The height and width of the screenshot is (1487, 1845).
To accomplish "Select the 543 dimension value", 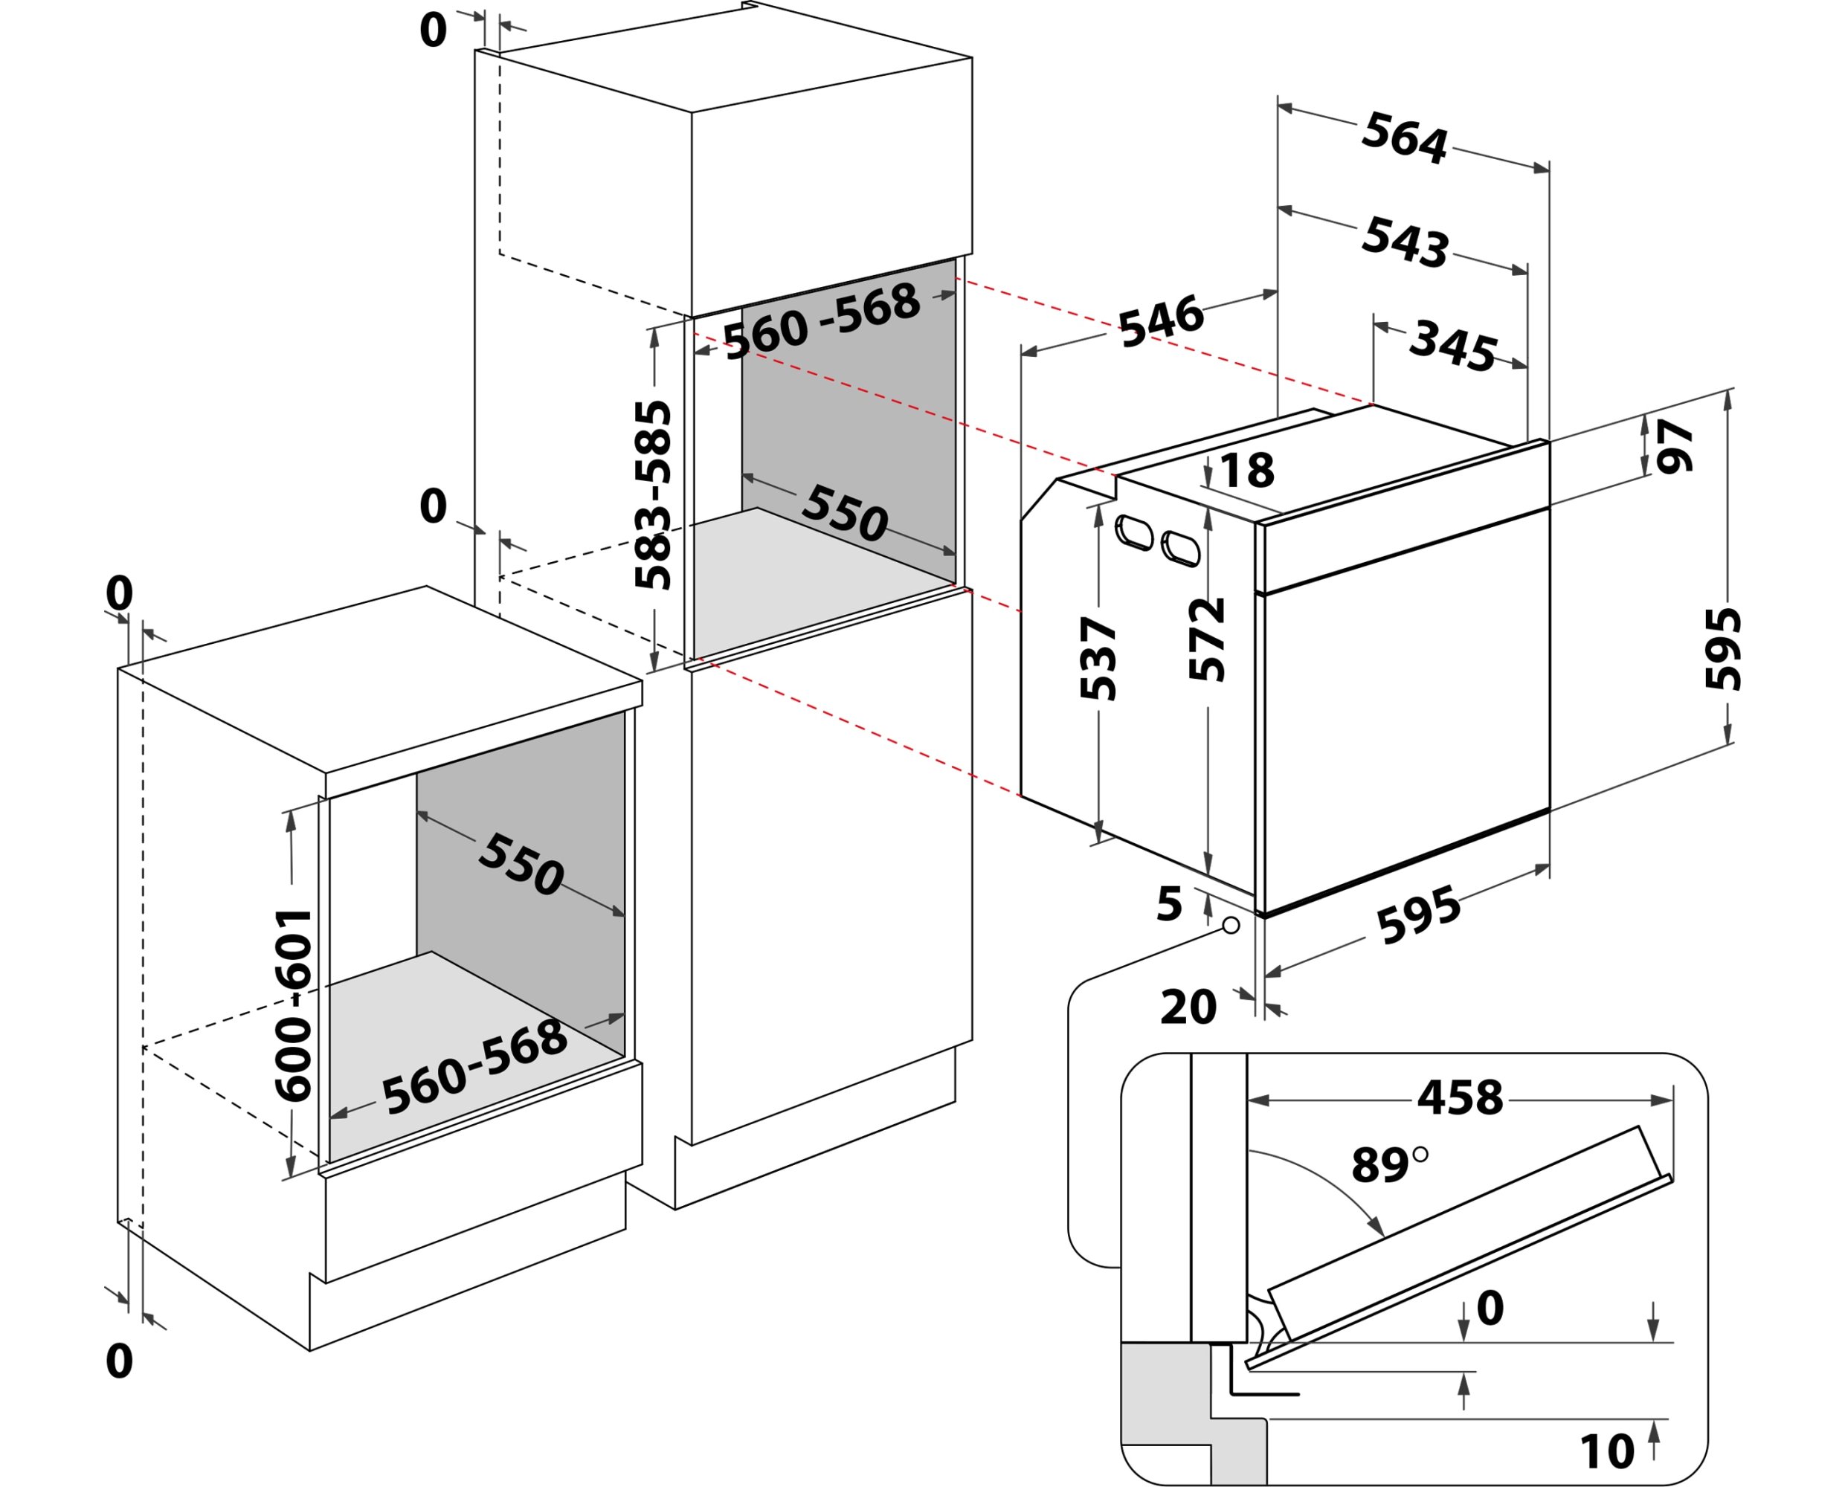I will (x=1405, y=242).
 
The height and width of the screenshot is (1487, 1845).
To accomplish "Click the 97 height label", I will (x=1675, y=445).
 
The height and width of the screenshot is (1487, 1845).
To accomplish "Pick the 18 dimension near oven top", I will (x=1247, y=470).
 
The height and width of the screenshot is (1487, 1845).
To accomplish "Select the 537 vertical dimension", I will (x=1098, y=658).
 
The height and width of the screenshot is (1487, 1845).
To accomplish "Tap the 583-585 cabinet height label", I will (x=654, y=494).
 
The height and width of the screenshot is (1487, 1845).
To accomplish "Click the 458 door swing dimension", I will (x=1460, y=1098).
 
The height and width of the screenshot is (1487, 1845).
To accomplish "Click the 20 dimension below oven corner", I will (x=1188, y=1007).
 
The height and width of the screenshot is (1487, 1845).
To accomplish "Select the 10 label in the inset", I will (x=1607, y=1451).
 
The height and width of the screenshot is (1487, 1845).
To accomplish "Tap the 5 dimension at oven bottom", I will (x=1169, y=903).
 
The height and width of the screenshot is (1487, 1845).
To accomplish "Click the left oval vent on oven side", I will (x=1134, y=533).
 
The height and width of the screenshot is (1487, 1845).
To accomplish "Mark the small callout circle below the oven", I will (x=1231, y=925).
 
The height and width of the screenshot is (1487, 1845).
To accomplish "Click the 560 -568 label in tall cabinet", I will (x=822, y=321).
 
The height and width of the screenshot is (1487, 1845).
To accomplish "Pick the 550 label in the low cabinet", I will (x=521, y=864).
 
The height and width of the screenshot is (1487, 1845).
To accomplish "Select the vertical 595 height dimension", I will (x=1723, y=648).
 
